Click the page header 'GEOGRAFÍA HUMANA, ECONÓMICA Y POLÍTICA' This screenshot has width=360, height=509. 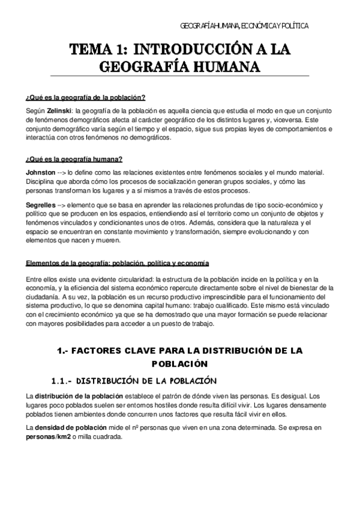click(244, 26)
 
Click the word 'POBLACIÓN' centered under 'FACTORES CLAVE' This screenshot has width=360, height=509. click(180, 364)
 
